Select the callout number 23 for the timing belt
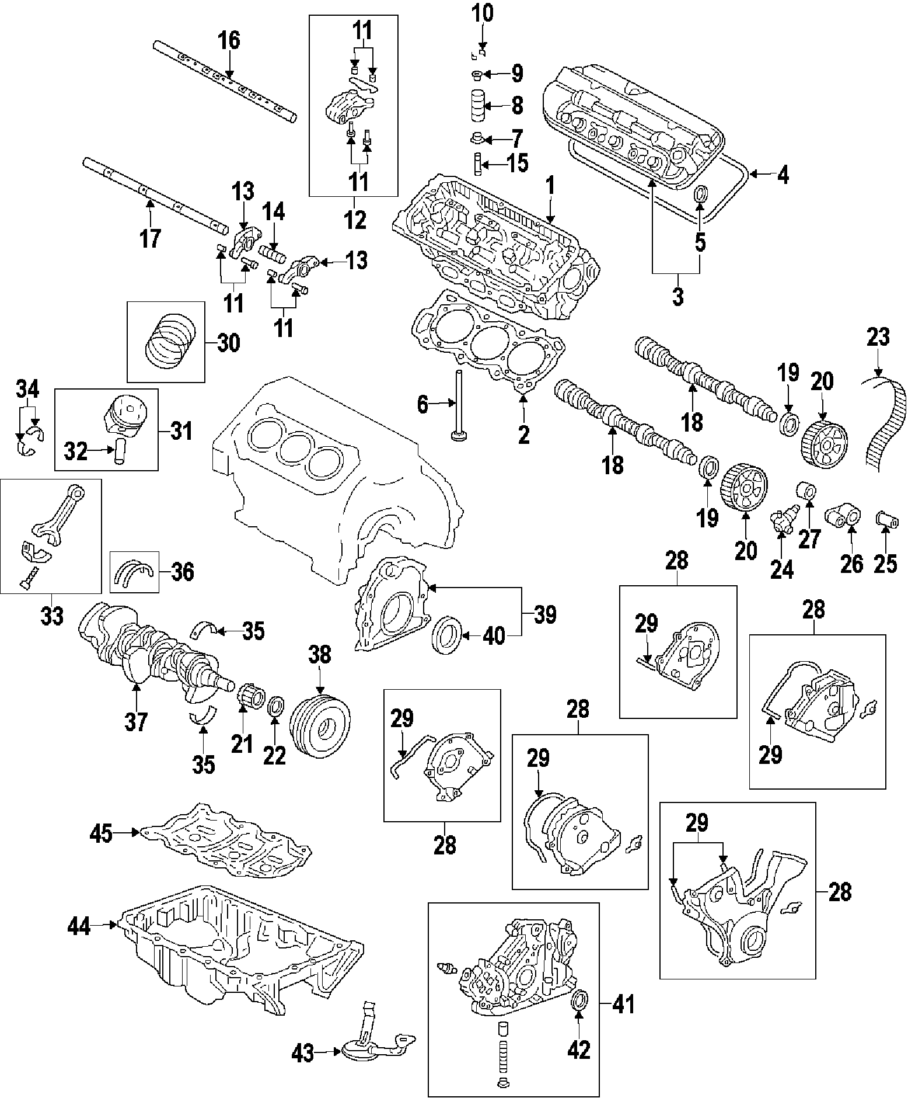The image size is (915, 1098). click(x=878, y=338)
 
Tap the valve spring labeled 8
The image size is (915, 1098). click(x=477, y=106)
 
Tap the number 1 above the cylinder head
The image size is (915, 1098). click(x=549, y=187)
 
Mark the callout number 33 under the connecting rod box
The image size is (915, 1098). click(x=52, y=616)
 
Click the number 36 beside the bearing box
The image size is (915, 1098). click(x=183, y=572)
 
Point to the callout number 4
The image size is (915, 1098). click(x=783, y=175)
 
